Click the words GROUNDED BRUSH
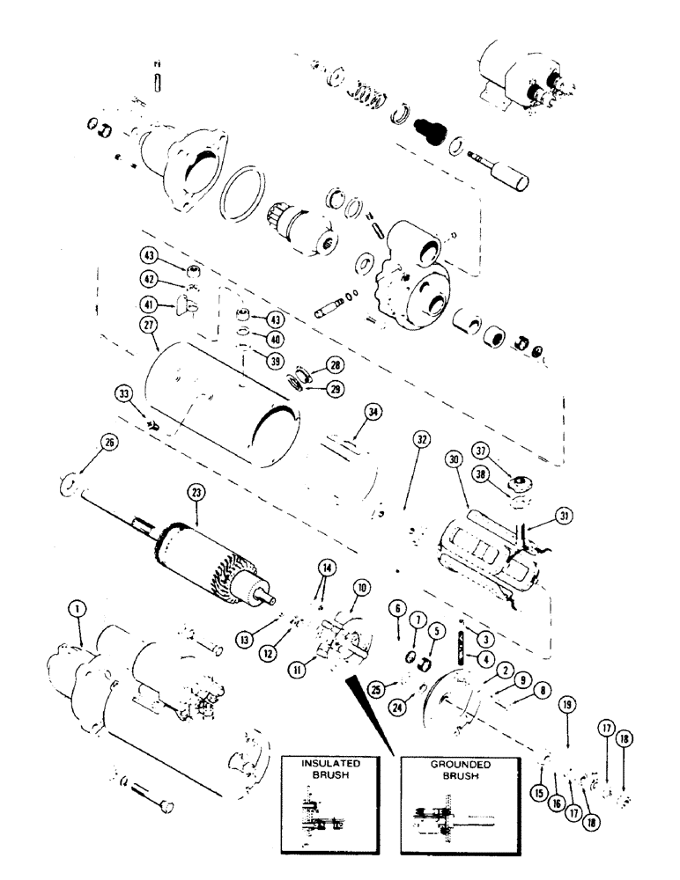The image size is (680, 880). click(x=447, y=770)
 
